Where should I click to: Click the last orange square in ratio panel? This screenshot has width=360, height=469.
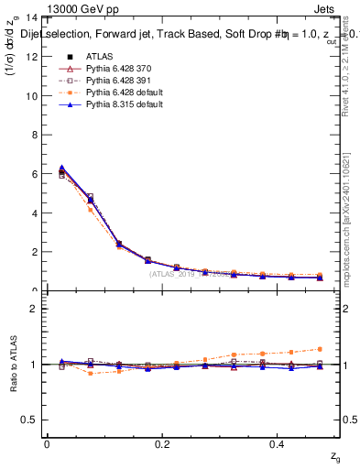(320, 349)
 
